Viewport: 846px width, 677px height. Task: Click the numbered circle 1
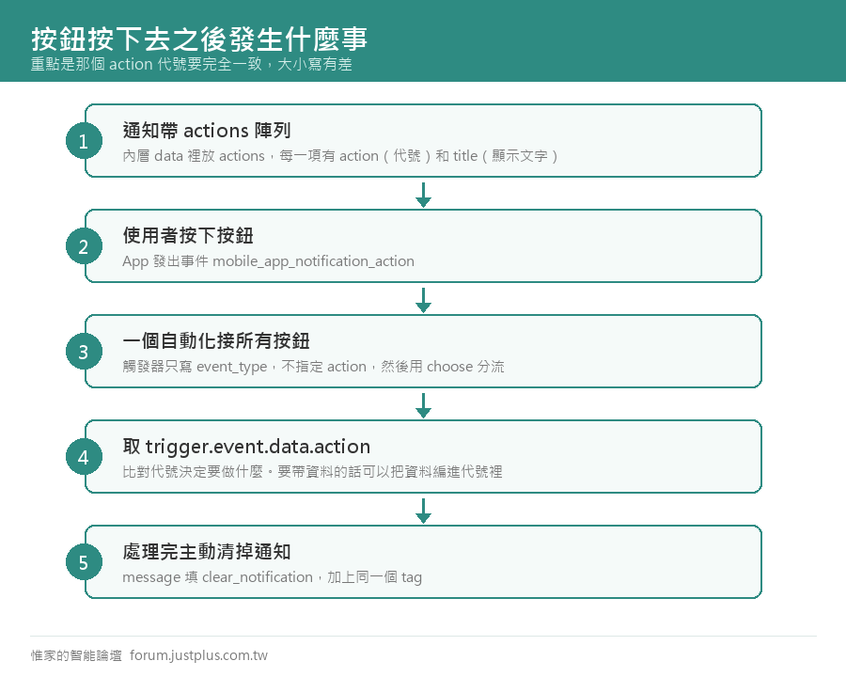tap(85, 141)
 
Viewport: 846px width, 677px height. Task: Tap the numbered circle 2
tap(85, 246)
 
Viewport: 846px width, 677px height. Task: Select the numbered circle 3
tap(85, 352)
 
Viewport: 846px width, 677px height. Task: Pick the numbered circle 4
tap(85, 457)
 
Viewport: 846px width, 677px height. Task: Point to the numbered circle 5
tap(85, 562)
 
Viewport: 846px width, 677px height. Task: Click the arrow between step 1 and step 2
tap(424, 195)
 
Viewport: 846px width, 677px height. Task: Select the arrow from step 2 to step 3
tap(424, 300)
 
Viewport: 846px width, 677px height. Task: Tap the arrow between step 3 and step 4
tap(424, 405)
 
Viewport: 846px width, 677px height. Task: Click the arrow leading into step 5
tap(424, 511)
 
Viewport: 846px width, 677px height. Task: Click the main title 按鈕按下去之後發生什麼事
tap(199, 39)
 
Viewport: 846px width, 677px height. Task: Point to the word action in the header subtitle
tap(131, 64)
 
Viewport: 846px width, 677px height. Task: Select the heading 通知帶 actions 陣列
tap(207, 130)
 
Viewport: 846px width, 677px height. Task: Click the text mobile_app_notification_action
tap(313, 261)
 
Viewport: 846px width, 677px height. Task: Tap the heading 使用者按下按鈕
tap(188, 235)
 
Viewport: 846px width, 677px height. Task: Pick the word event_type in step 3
tap(232, 367)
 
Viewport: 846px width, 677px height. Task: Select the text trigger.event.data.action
tap(258, 447)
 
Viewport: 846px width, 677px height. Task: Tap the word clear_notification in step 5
tap(258, 577)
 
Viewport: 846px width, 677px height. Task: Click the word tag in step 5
tap(412, 577)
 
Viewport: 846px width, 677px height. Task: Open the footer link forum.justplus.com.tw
tap(198, 655)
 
